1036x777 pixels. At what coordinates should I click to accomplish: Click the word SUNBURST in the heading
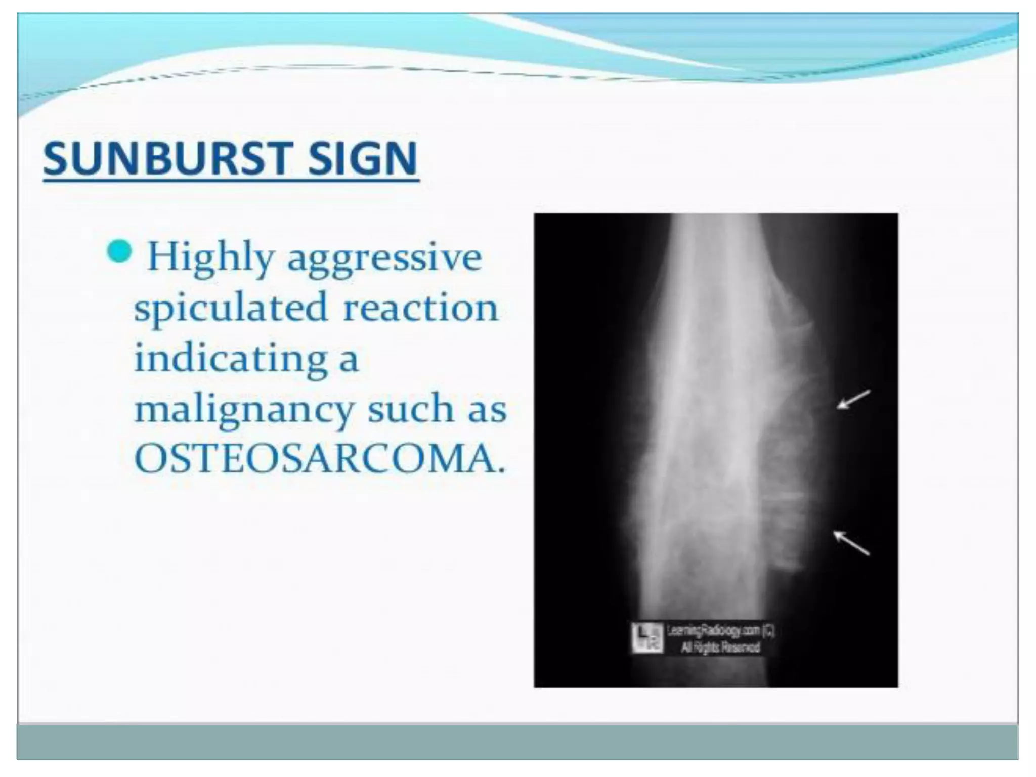coord(167,158)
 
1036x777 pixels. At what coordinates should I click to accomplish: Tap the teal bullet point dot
coord(120,251)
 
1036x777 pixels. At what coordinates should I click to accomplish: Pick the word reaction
coord(420,308)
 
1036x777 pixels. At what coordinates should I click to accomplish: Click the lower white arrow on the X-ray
coord(851,543)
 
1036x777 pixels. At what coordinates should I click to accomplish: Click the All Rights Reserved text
coord(720,647)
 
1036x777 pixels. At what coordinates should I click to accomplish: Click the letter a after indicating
coord(349,360)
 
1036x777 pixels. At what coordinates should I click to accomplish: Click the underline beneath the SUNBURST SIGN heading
coord(231,179)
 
